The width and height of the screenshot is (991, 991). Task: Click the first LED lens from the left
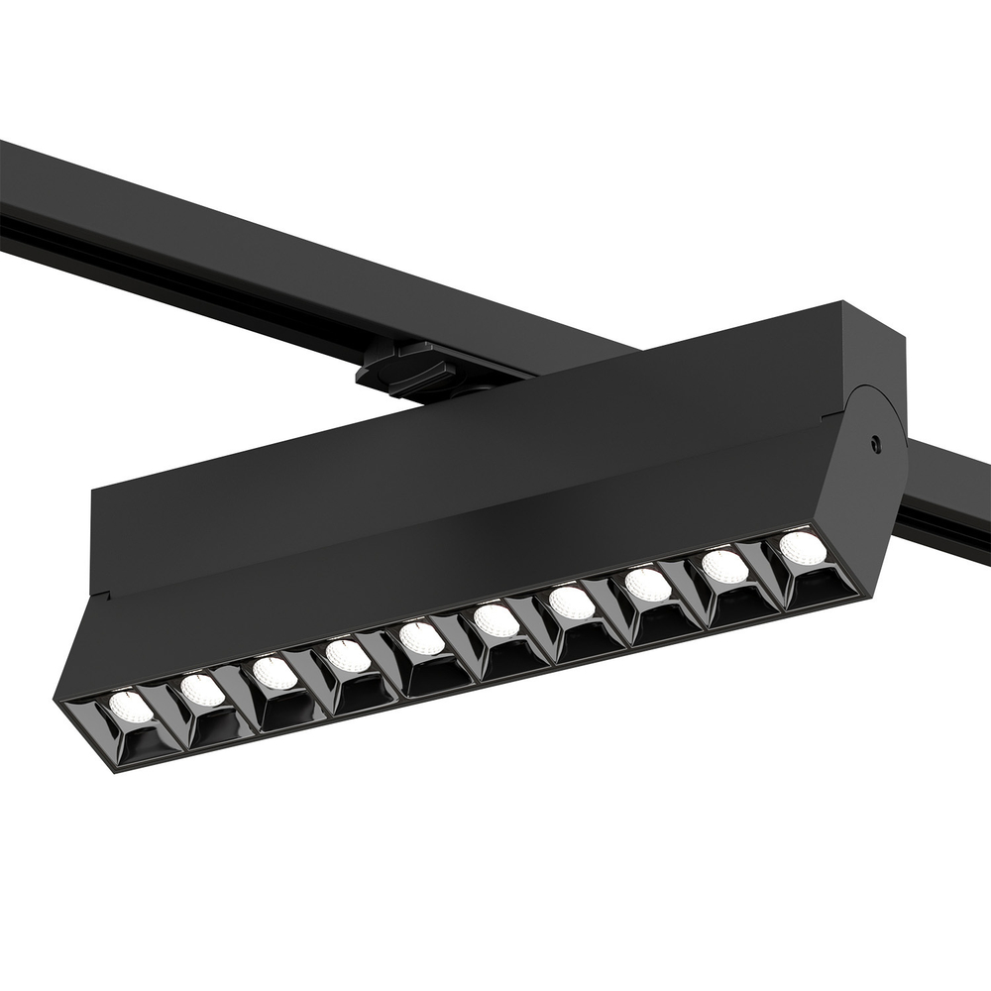(131, 706)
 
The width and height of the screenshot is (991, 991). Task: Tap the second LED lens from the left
(202, 689)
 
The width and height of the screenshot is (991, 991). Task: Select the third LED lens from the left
(275, 672)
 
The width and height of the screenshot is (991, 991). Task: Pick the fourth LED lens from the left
(348, 655)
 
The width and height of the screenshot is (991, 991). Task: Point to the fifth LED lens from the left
(422, 637)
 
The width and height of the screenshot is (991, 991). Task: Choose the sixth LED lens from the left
(495, 620)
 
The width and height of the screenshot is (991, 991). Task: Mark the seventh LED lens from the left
(572, 603)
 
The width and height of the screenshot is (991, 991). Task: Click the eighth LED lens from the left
(648, 584)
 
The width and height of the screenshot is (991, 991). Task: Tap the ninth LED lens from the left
(724, 566)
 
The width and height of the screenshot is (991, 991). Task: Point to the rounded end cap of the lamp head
(872, 466)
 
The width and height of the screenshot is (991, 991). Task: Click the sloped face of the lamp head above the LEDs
(446, 585)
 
